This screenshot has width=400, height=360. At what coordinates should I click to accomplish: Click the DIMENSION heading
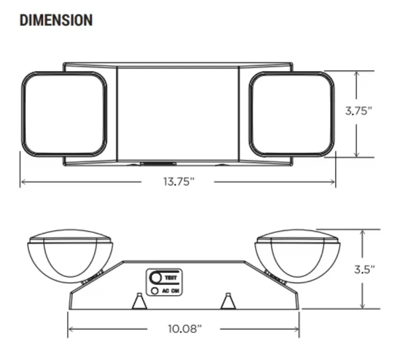55,20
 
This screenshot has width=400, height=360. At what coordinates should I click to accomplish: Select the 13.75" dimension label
178,182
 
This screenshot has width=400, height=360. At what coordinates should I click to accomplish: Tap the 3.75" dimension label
359,111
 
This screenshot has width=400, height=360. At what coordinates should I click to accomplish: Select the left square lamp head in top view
64,113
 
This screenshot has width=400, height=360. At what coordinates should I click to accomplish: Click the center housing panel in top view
177,113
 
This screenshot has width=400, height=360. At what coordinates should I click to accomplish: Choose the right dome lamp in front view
298,255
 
